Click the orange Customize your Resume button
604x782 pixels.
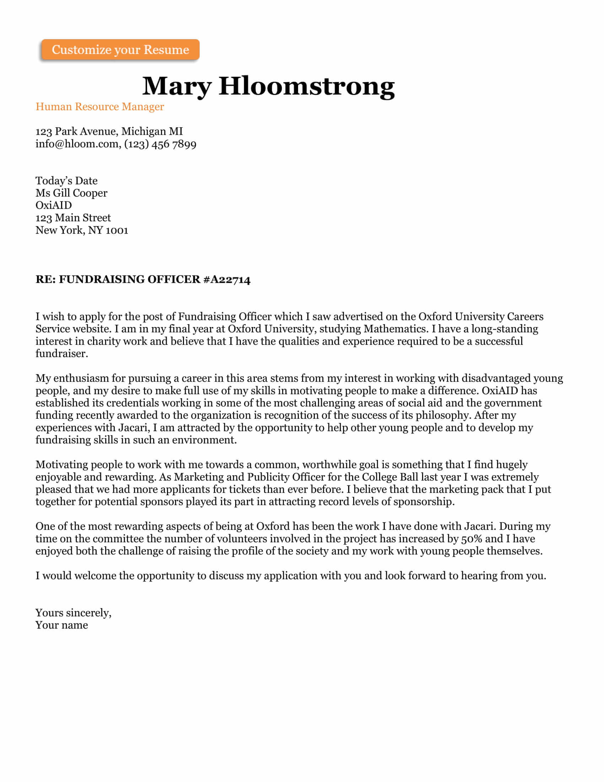click(x=120, y=49)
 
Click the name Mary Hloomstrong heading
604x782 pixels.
click(x=268, y=86)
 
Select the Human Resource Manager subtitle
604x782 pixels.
click(x=99, y=107)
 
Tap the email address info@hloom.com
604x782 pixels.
click(x=77, y=144)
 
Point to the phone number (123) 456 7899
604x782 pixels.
click(x=160, y=144)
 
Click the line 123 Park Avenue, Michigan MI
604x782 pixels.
click(x=109, y=132)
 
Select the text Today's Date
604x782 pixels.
click(x=66, y=181)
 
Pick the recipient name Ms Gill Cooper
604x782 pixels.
click(x=71, y=193)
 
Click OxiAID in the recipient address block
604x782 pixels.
click(x=53, y=205)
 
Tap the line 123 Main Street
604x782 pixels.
click(x=73, y=218)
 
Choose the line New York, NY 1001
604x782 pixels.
click(x=82, y=230)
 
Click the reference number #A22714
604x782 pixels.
click(x=227, y=279)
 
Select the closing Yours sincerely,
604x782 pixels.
click(x=73, y=613)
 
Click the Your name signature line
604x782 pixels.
click(x=61, y=625)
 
